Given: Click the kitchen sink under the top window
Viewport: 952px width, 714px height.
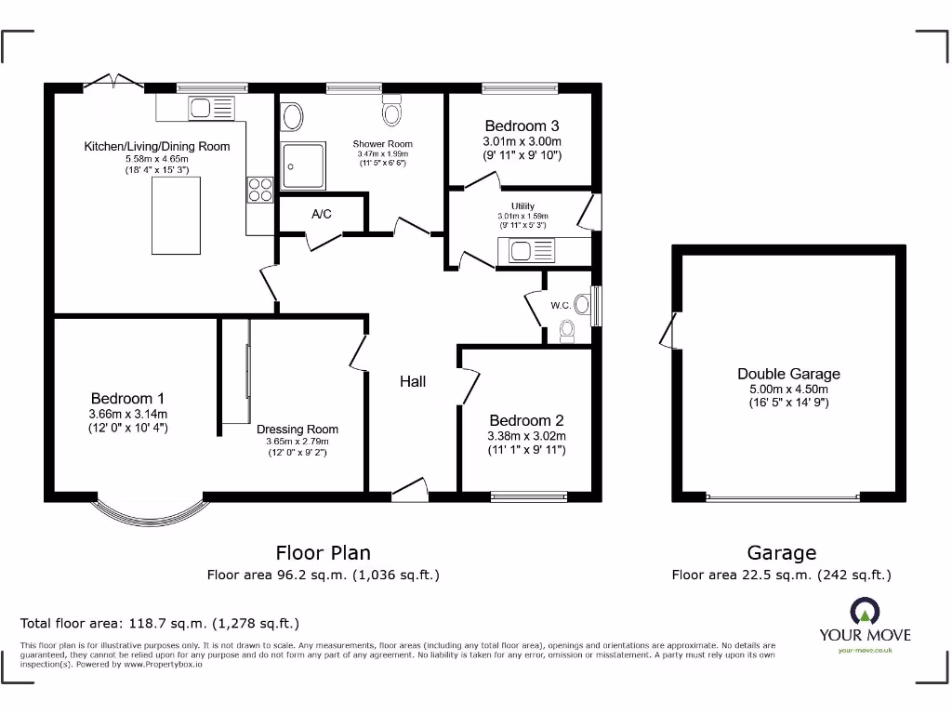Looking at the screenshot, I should point(212,108).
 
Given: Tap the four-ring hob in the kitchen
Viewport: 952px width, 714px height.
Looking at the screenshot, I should point(259,190).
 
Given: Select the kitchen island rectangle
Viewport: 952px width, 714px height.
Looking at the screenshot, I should point(176,215).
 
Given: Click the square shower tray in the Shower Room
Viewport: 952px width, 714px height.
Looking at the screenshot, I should point(304,165).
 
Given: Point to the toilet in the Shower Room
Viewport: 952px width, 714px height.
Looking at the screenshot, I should point(393,112).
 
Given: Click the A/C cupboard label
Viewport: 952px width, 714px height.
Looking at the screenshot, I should point(322,214).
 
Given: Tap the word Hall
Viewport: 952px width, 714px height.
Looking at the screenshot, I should point(413,381).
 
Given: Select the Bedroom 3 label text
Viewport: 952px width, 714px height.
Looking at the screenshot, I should point(522,126).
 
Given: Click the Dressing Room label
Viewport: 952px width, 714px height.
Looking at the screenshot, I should point(297,429).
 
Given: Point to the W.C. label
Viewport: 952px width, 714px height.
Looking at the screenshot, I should point(561,305).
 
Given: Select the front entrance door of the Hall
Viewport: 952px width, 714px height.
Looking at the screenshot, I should point(410,491).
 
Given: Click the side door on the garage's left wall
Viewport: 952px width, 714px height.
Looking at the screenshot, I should point(668,330).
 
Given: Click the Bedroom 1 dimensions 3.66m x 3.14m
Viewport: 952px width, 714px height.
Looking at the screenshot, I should point(128,414).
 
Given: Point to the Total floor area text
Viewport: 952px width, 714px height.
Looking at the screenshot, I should point(160,623).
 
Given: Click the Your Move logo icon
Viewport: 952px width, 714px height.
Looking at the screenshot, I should point(864,612).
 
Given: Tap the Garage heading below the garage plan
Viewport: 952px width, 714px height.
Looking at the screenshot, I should point(781,553).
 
